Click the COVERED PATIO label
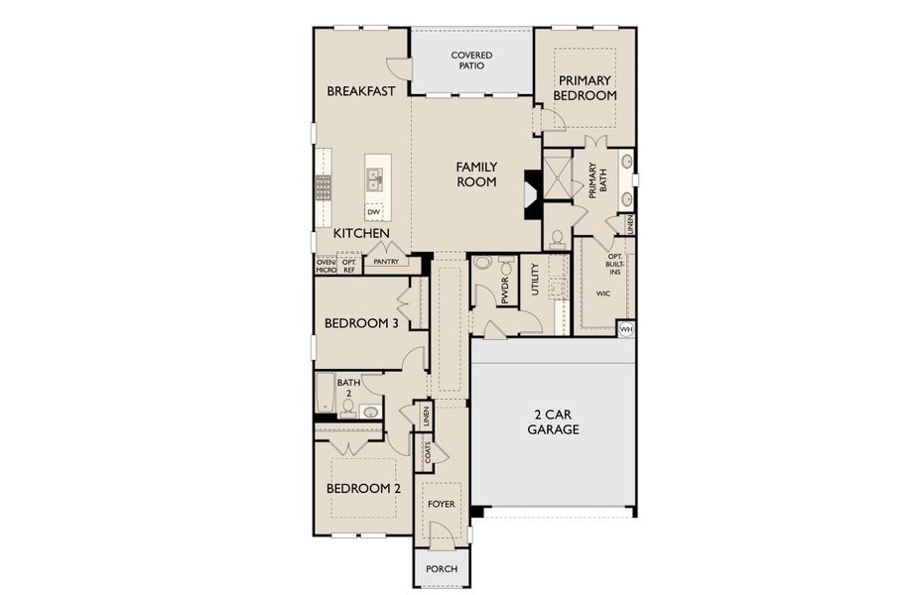[472, 60]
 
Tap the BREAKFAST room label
[361, 91]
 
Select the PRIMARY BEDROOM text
[586, 87]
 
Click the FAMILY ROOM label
[476, 175]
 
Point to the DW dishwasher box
[374, 212]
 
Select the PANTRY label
[387, 263]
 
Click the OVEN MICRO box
[326, 266]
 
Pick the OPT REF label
[349, 266]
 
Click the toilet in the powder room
[483, 264]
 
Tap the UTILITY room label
[535, 279]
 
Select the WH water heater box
[626, 328]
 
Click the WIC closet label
[603, 295]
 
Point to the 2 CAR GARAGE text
[553, 422]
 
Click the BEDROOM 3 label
[361, 324]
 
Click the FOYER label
[442, 505]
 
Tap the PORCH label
[441, 569]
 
